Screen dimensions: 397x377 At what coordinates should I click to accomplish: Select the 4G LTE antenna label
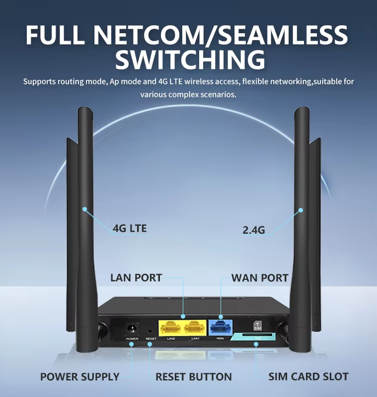click(130, 229)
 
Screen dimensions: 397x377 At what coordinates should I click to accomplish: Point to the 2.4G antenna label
click(253, 230)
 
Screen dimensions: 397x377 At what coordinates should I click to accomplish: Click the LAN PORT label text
click(136, 278)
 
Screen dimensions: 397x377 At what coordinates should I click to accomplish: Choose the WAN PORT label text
click(260, 278)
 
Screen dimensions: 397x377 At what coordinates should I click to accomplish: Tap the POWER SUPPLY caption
click(80, 377)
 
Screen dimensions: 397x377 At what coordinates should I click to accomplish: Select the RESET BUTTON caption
click(194, 377)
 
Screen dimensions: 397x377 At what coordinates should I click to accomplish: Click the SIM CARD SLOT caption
click(308, 377)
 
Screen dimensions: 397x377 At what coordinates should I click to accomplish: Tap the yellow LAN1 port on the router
click(195, 328)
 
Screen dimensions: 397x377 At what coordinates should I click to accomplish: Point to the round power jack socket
click(132, 328)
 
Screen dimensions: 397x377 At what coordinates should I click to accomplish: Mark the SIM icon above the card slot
click(257, 326)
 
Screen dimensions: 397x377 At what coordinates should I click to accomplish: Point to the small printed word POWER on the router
click(132, 339)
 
